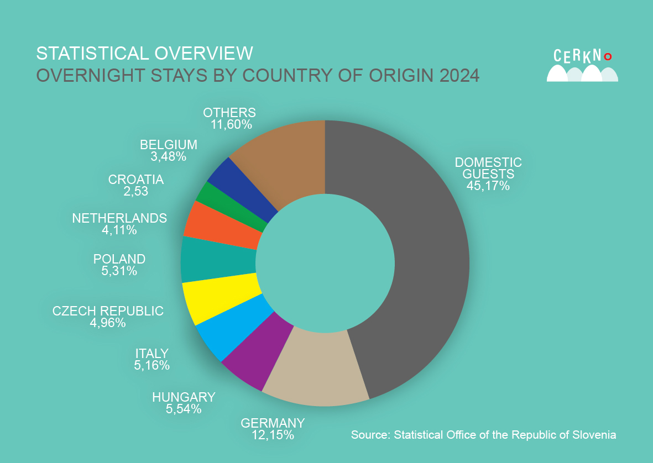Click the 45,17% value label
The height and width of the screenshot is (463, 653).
pos(488,186)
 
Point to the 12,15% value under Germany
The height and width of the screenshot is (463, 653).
pos(273,435)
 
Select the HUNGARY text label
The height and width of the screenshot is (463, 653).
pos(184,397)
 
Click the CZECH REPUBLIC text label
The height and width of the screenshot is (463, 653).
pos(108,311)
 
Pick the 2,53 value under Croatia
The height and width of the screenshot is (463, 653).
pos(136,192)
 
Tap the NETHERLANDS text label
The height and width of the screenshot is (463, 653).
pos(119,218)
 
